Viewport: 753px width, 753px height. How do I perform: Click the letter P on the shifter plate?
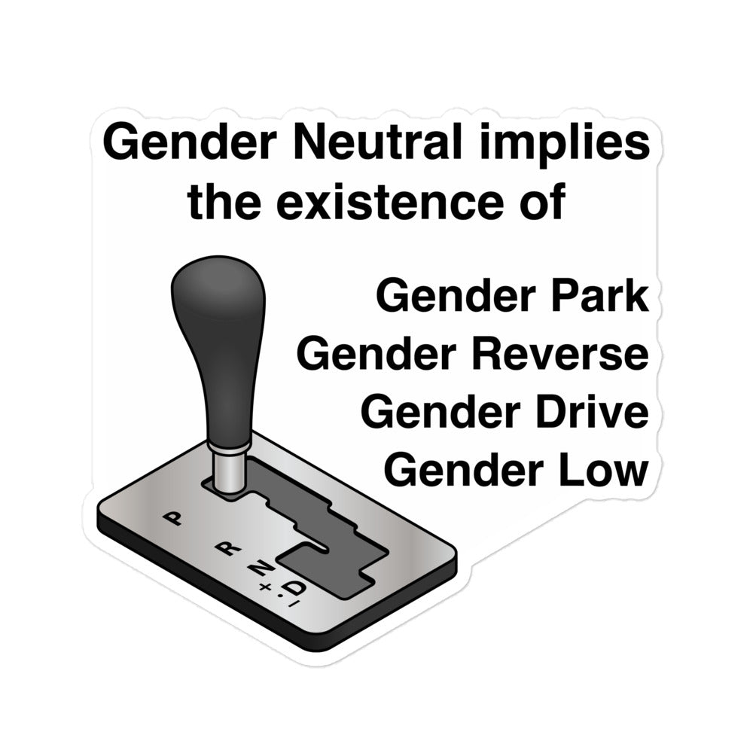pos(173,518)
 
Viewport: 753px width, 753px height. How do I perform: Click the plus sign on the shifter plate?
pos(264,587)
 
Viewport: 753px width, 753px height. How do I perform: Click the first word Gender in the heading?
pos(189,142)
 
